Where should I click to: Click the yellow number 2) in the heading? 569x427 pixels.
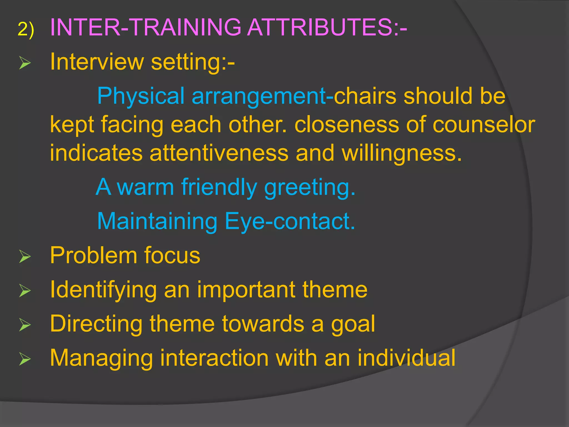click(x=26, y=29)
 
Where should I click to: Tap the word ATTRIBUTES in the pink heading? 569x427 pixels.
click(x=320, y=27)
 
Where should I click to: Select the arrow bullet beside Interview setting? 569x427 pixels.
click(x=25, y=63)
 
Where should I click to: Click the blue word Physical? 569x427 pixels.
click(x=141, y=96)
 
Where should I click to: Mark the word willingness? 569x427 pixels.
click(x=401, y=154)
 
